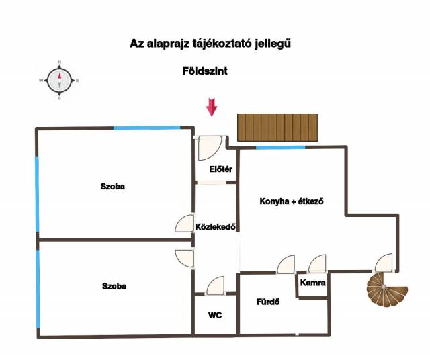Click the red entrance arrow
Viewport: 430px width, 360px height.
coord(212,107)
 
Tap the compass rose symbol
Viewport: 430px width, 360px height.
coord(59,80)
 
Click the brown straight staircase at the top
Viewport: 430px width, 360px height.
coord(278,128)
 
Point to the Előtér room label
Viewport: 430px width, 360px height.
coord(220,169)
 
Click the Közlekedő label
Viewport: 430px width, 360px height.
coord(214,226)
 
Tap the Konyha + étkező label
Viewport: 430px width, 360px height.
coord(292,201)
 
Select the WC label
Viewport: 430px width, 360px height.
coord(215,314)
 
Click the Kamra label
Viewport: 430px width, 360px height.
coord(313,283)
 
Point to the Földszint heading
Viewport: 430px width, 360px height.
coord(205,71)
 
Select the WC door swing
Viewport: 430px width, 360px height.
coord(216,286)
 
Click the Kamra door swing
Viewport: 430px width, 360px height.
coord(317,263)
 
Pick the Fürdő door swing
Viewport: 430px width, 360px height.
coord(287,264)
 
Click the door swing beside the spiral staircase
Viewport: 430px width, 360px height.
coord(384,263)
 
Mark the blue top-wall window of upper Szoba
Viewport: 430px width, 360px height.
coord(146,128)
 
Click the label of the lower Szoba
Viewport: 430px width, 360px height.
coord(114,286)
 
